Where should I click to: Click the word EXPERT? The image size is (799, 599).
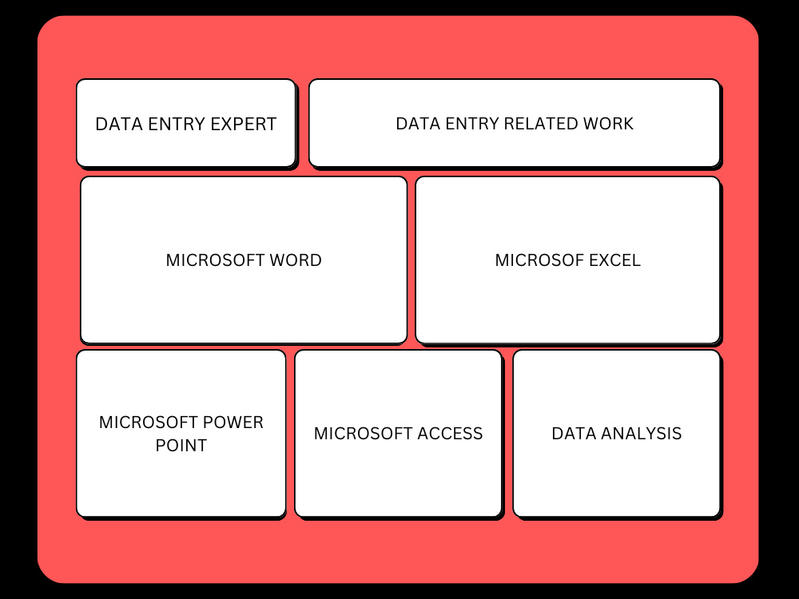point(243,124)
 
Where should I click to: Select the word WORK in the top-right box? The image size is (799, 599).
point(608,123)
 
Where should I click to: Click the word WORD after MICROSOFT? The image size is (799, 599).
point(296,260)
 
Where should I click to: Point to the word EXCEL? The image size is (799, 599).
point(614,260)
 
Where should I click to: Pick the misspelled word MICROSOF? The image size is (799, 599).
point(539,260)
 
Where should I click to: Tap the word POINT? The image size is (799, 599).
point(181,445)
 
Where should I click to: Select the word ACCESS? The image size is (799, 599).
point(450,433)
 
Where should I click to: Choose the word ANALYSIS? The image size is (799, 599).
point(641,433)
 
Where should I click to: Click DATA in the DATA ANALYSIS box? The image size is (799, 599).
point(574,433)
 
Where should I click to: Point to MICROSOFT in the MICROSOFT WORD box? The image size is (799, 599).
point(215,260)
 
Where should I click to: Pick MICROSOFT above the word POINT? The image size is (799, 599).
point(149,422)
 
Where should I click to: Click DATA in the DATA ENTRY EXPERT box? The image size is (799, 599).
point(119,124)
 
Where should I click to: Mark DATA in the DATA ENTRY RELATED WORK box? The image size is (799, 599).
point(419,123)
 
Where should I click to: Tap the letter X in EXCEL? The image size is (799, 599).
point(602,260)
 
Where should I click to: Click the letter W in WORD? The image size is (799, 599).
point(276,260)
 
